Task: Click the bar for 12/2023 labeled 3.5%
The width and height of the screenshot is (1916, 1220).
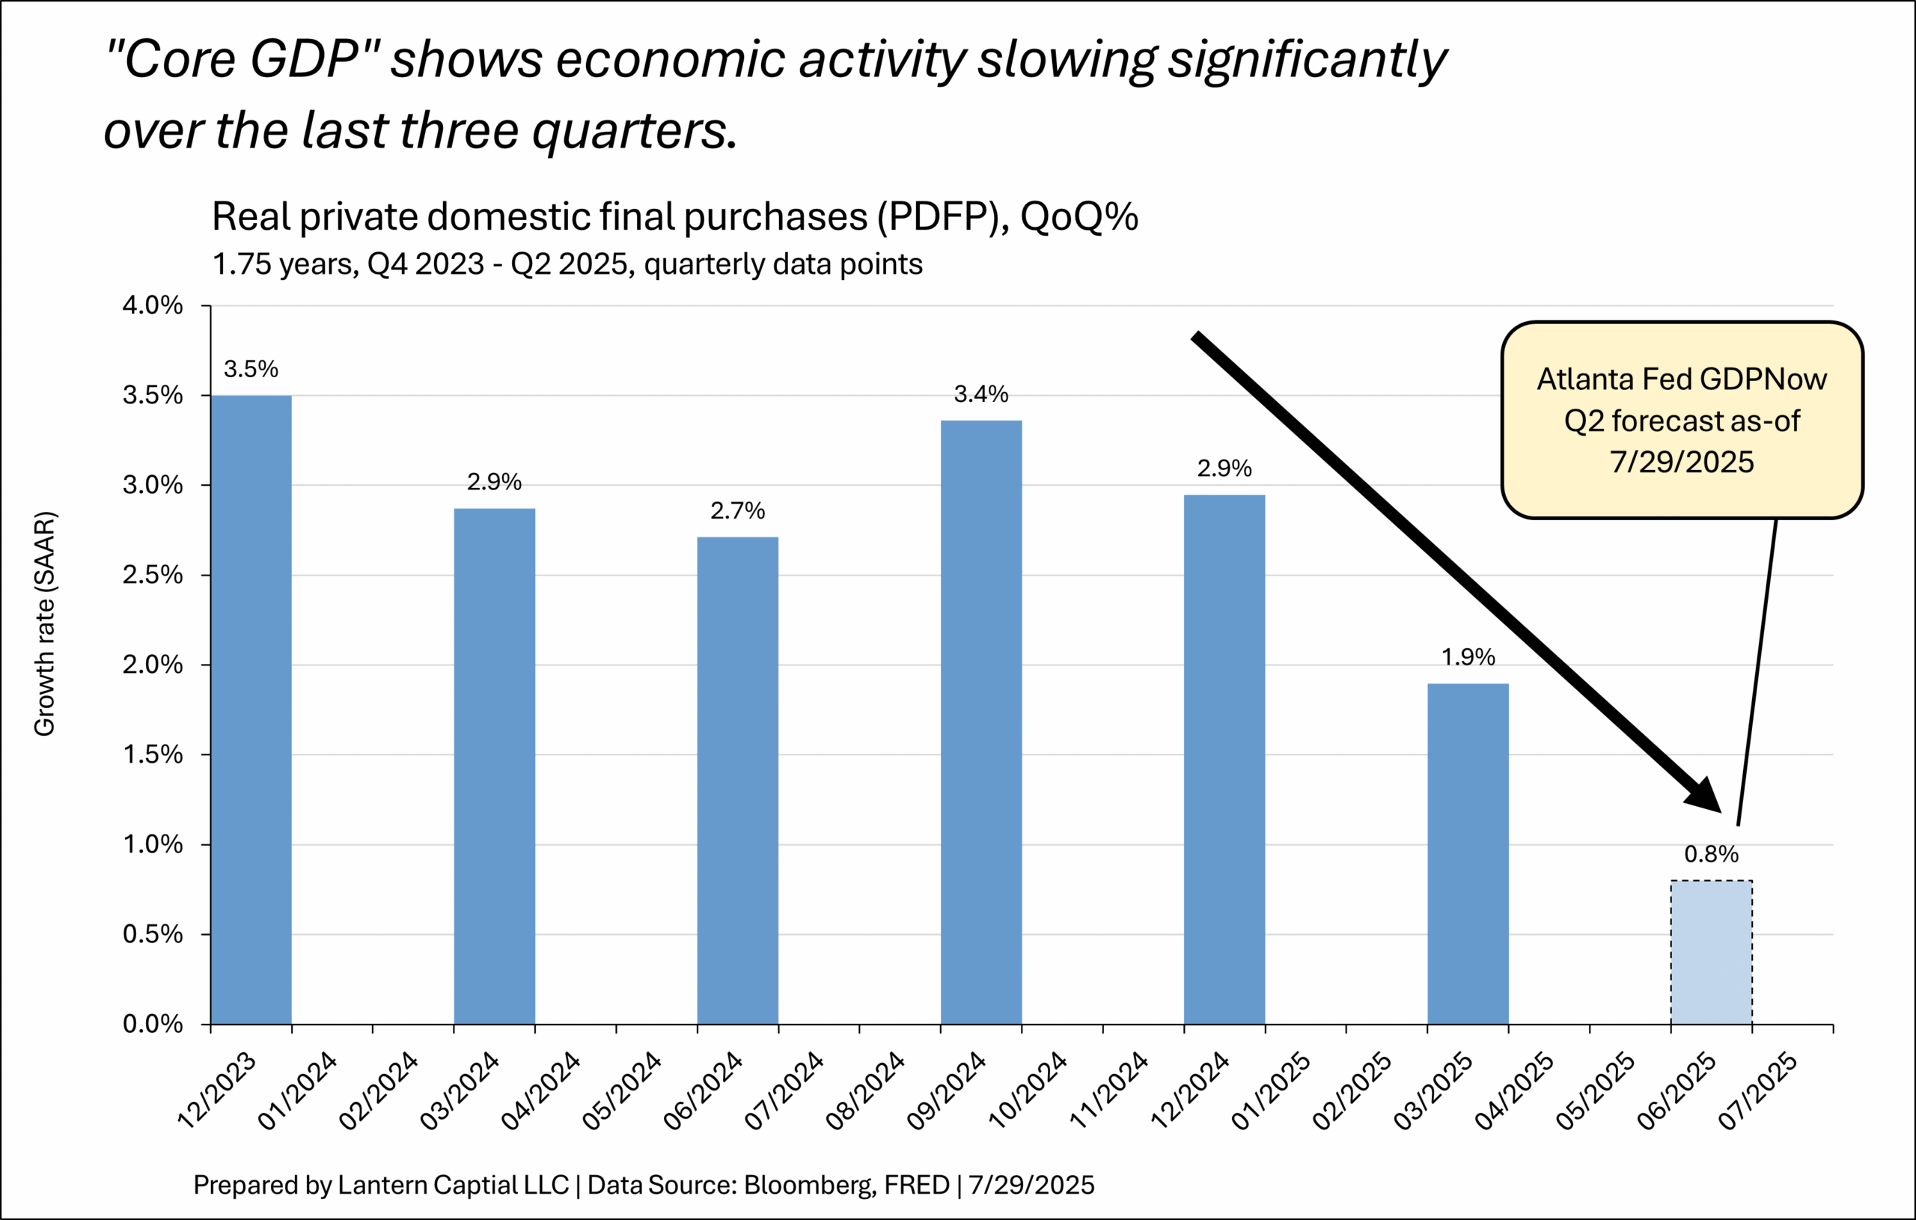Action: click(251, 708)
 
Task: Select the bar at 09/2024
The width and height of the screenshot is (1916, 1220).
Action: click(981, 721)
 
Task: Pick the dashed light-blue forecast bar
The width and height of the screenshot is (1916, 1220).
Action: click(1711, 952)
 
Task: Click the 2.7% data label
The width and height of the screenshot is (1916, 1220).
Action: click(738, 511)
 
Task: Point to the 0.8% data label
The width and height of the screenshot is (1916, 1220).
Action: click(1711, 855)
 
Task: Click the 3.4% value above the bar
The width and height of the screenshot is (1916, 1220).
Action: click(981, 394)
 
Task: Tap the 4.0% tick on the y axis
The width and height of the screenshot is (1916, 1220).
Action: click(153, 305)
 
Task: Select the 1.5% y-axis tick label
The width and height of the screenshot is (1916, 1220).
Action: click(153, 754)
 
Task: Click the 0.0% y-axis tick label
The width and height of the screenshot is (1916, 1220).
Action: click(153, 1024)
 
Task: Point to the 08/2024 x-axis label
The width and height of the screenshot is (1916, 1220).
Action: click(866, 1091)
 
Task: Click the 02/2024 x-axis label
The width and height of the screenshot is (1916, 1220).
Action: click(379, 1091)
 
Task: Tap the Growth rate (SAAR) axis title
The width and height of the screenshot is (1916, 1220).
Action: click(45, 624)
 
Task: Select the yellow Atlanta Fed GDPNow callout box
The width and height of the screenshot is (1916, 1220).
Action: click(1681, 420)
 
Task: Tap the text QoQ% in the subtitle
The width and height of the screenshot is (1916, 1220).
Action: click(1078, 216)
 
